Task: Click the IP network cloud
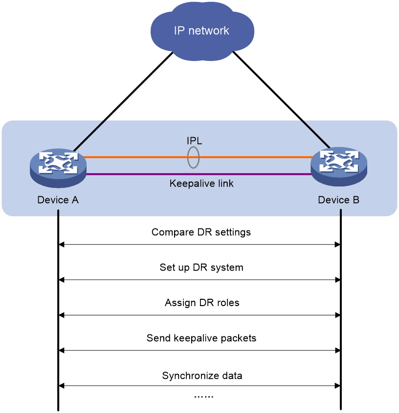click(x=202, y=31)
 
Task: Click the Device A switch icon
click(x=58, y=168)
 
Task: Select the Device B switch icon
click(x=339, y=166)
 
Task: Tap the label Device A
click(x=58, y=200)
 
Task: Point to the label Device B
click(x=338, y=200)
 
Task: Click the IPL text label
click(x=195, y=141)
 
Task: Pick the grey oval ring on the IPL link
click(x=188, y=158)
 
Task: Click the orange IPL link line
click(x=199, y=157)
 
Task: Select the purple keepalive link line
click(x=199, y=174)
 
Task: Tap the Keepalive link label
click(x=201, y=184)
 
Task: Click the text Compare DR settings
click(x=201, y=232)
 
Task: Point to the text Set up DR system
click(x=201, y=268)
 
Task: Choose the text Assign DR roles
click(x=202, y=303)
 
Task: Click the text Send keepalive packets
click(x=201, y=338)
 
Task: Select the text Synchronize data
click(x=202, y=375)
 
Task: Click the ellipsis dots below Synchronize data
click(x=204, y=396)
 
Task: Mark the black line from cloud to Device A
click(x=123, y=102)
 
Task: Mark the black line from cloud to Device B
click(x=281, y=100)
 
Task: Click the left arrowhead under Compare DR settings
click(x=61, y=245)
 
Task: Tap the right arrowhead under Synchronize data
click(x=337, y=386)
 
